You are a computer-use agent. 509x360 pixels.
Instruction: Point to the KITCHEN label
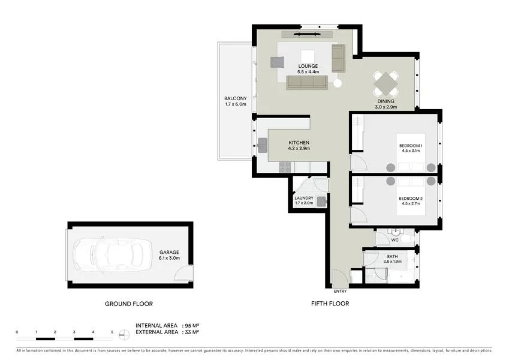[299, 142]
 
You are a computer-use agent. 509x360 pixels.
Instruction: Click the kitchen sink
[263, 143]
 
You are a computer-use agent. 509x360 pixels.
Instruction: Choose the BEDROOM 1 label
[411, 146]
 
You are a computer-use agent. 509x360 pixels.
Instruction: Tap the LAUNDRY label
[304, 198]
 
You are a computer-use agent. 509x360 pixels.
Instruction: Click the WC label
[394, 240]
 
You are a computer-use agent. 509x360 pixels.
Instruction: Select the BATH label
[392, 256]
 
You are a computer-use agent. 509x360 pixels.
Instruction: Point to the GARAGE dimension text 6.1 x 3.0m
[169, 258]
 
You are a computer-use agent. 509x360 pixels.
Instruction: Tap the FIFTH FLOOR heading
[330, 304]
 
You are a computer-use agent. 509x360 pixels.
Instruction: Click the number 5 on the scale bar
[112, 331]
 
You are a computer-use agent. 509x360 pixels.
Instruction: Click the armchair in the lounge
[277, 61]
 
